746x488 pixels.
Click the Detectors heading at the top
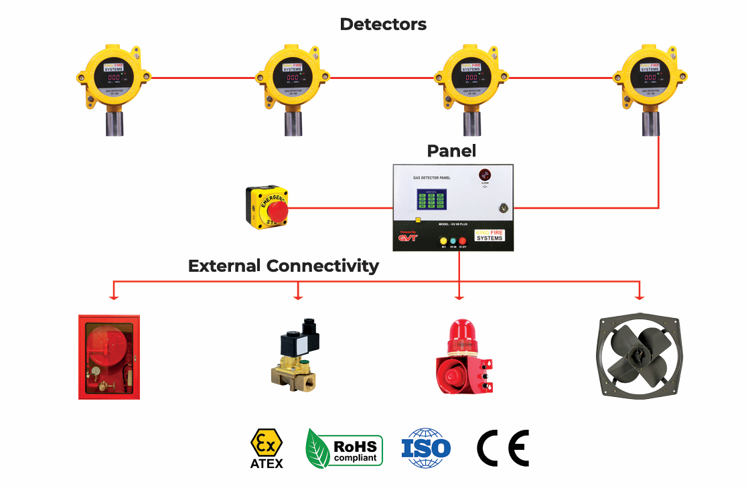[x=382, y=24]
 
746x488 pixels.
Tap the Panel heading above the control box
[x=451, y=151]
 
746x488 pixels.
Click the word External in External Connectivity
[x=224, y=266]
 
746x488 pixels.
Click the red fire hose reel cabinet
[x=108, y=356]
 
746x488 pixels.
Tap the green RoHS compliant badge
[x=344, y=448]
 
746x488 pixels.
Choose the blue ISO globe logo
[x=426, y=448]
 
